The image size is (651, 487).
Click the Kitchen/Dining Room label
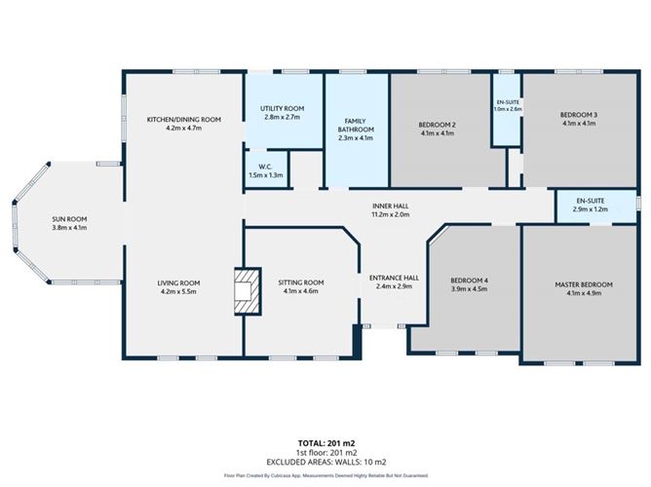(x=183, y=119)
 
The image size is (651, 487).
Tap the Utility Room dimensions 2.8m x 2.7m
(x=283, y=117)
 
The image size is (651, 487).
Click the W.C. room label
(x=265, y=165)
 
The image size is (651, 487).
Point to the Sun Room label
(x=69, y=218)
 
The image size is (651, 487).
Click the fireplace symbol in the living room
(x=247, y=291)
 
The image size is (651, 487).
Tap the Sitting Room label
(x=300, y=281)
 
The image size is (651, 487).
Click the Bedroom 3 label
(x=578, y=115)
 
